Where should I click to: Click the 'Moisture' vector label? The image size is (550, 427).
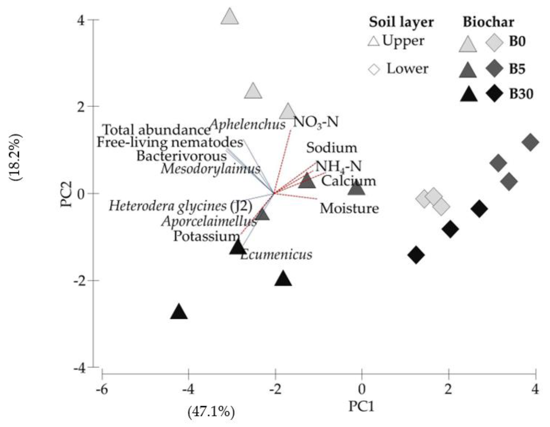[x=349, y=209]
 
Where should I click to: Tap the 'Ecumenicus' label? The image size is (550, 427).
[x=276, y=254]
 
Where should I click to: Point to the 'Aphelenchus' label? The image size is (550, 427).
[x=248, y=124]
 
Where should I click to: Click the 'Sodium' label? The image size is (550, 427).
[x=332, y=148]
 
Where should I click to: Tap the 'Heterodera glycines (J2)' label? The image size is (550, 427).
[x=181, y=206]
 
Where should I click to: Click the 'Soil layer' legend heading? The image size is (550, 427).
[x=401, y=22]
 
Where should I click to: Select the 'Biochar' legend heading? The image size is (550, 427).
[x=488, y=22]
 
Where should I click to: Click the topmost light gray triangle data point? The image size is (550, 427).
[x=229, y=17]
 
